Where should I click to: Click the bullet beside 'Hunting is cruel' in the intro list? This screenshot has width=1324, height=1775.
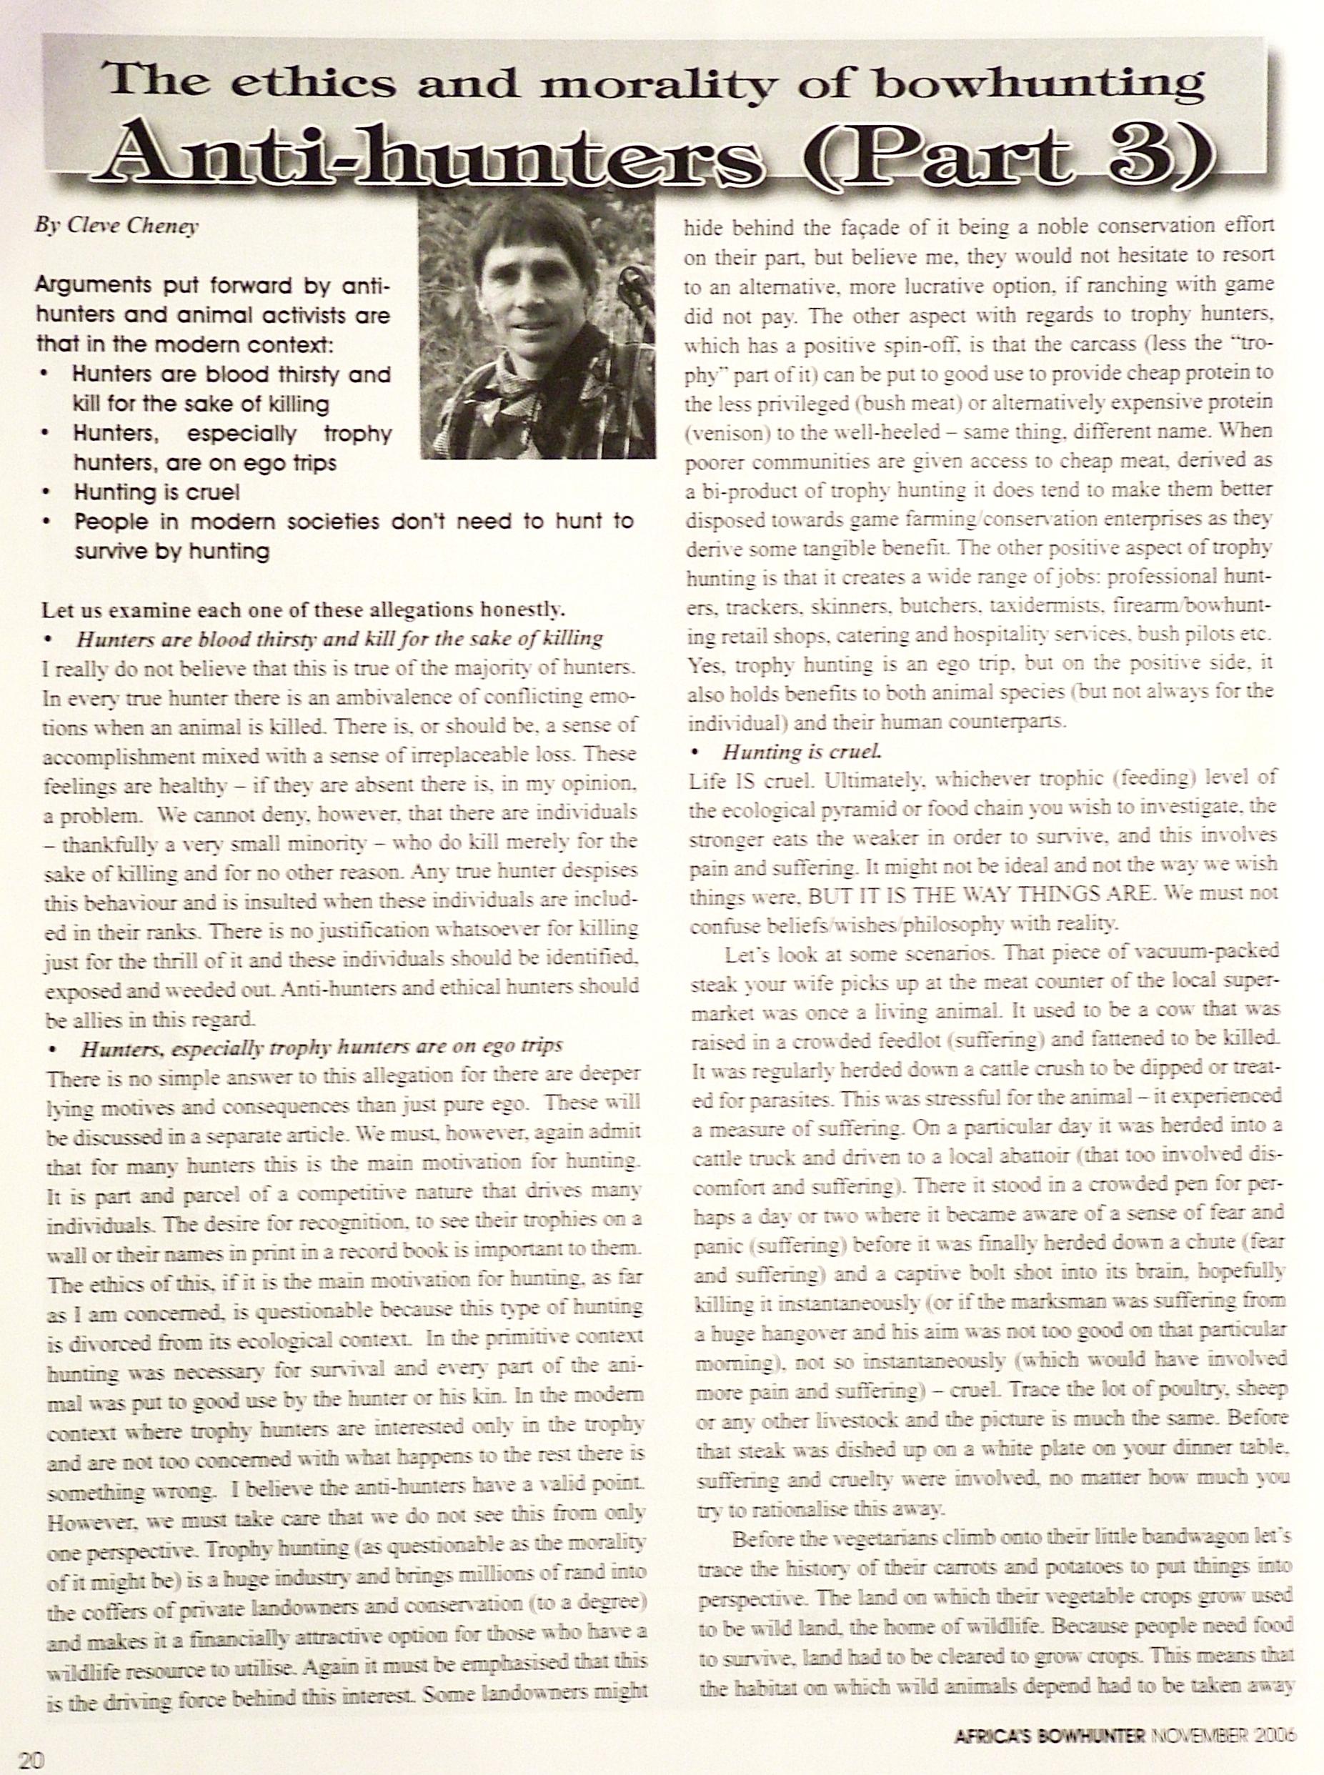point(50,492)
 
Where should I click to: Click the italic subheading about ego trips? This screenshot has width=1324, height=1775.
point(321,1048)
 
